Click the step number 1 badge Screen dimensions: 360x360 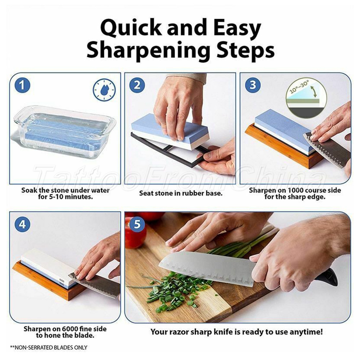pos(22,85)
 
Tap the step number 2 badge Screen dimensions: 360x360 pos(137,85)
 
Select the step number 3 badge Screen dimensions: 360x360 pos(253,85)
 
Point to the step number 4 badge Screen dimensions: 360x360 pos(22,224)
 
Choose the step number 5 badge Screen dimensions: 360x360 pos(137,224)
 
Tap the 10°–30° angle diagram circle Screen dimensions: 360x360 pos(306,98)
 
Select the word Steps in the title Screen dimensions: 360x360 pos(246,51)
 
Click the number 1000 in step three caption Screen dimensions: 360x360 pos(296,190)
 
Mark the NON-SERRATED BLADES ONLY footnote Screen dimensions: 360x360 pos(49,348)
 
